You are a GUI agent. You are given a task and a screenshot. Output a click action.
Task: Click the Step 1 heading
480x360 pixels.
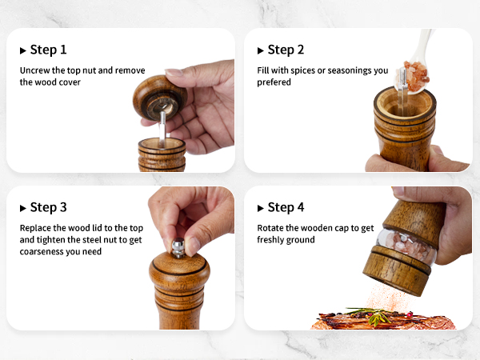(x=48, y=50)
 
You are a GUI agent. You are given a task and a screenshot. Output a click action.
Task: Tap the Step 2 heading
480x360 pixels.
(x=286, y=50)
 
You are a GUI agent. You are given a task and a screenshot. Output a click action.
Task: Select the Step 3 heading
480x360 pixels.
(x=48, y=207)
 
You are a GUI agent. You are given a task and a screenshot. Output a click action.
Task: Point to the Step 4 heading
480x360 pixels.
(x=286, y=207)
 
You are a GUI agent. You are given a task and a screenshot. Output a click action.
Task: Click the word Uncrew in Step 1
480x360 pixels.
(x=37, y=70)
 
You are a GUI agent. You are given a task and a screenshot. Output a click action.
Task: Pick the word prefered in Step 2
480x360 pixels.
(x=275, y=82)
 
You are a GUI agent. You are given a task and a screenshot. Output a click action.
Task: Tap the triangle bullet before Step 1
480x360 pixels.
(x=23, y=50)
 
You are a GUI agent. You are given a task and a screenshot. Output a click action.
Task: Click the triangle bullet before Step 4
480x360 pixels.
(x=261, y=208)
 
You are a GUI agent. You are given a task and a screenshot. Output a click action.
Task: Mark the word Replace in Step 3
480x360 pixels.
(x=36, y=228)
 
